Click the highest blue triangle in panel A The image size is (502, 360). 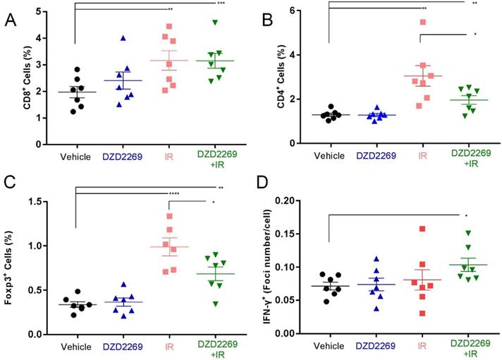[x=123, y=38]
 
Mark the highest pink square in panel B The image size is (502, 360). [x=424, y=22]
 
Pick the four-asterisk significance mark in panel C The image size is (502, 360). [x=173, y=193]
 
